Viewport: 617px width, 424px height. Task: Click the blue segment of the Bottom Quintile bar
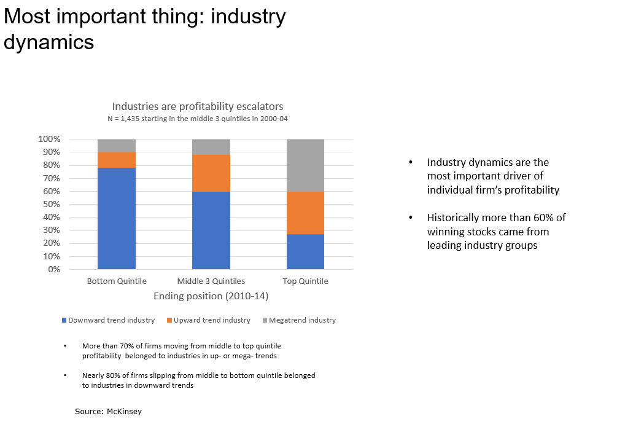pos(117,218)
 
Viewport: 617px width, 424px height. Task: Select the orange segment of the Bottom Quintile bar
pos(117,160)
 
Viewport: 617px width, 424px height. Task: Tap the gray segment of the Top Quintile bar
pos(306,165)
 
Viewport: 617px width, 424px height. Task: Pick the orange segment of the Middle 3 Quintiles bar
pos(211,173)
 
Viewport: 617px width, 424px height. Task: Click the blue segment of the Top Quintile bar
pos(306,251)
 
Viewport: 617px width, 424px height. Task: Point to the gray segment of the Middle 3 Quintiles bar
pos(211,147)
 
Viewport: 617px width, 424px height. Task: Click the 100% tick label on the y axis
pos(50,139)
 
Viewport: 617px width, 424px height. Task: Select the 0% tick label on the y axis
pos(54,269)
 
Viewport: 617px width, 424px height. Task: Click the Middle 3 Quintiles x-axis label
pos(211,281)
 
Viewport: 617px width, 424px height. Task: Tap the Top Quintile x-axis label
pos(306,281)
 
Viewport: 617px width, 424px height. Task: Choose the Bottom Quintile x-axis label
pos(117,281)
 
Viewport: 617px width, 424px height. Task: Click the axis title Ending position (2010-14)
pos(211,296)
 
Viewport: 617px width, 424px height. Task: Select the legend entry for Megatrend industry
pos(301,320)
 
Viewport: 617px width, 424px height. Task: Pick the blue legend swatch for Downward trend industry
pos(64,320)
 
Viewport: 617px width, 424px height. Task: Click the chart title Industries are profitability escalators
pos(197,106)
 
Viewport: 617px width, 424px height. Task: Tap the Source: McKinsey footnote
pos(108,411)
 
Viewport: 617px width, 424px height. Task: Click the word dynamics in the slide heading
pos(49,42)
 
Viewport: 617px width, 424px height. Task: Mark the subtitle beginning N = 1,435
pos(197,119)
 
